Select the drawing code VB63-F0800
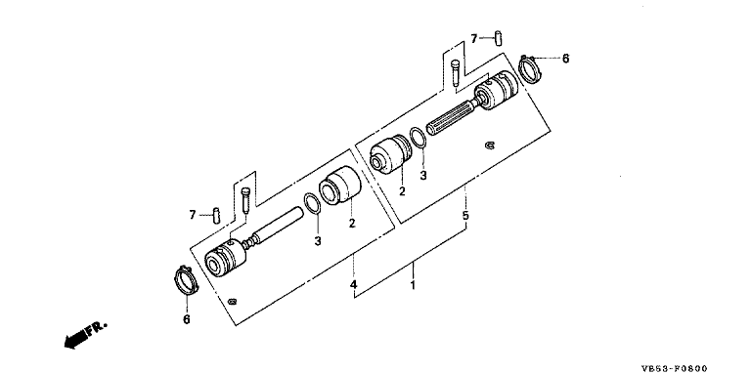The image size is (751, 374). coord(674,368)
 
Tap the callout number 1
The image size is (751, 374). coord(413,285)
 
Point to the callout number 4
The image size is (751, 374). coord(353,285)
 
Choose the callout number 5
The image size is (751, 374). coord(465,215)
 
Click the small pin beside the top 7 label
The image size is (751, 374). coord(498,38)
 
